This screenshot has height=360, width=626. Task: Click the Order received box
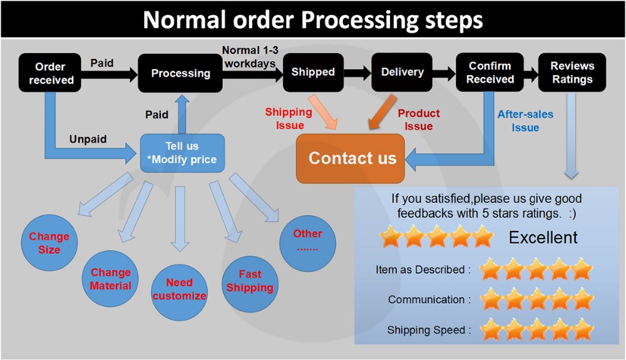pyautogui.click(x=51, y=73)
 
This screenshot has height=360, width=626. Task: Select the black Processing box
pyautogui.click(x=180, y=73)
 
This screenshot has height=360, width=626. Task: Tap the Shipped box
pyautogui.click(x=312, y=72)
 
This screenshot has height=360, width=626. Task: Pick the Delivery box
pyautogui.click(x=402, y=72)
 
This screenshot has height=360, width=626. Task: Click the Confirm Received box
pyautogui.click(x=490, y=73)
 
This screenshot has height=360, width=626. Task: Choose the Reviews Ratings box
pyautogui.click(x=572, y=73)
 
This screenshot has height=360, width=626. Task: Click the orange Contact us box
pyautogui.click(x=352, y=158)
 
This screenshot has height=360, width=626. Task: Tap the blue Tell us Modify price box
pyautogui.click(x=182, y=152)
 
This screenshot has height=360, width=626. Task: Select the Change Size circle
pyautogui.click(x=49, y=243)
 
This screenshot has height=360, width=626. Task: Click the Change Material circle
pyautogui.click(x=111, y=279)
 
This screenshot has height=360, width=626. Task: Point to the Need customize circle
pyautogui.click(x=179, y=289)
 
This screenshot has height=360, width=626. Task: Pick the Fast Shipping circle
pyautogui.click(x=250, y=282)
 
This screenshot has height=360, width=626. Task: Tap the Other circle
pyautogui.click(x=307, y=240)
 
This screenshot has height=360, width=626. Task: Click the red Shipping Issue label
pyautogui.click(x=289, y=118)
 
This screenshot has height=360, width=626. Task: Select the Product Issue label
pyautogui.click(x=419, y=120)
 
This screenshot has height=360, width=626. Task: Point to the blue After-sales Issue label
pyautogui.click(x=525, y=121)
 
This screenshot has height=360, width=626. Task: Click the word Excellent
pyautogui.click(x=543, y=238)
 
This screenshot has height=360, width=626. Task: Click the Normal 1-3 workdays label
pyautogui.click(x=249, y=56)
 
